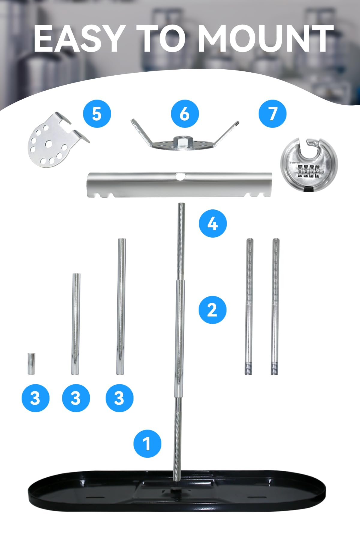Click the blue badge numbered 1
(x=147, y=444)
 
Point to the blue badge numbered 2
(x=212, y=310)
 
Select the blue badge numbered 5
(x=97, y=114)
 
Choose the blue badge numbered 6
(x=185, y=114)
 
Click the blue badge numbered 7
(x=273, y=114)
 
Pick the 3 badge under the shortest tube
(x=35, y=398)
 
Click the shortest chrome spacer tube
(x=31, y=364)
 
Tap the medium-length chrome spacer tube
(x=76, y=324)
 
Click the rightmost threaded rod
(x=275, y=306)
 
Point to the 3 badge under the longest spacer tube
(x=119, y=398)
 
